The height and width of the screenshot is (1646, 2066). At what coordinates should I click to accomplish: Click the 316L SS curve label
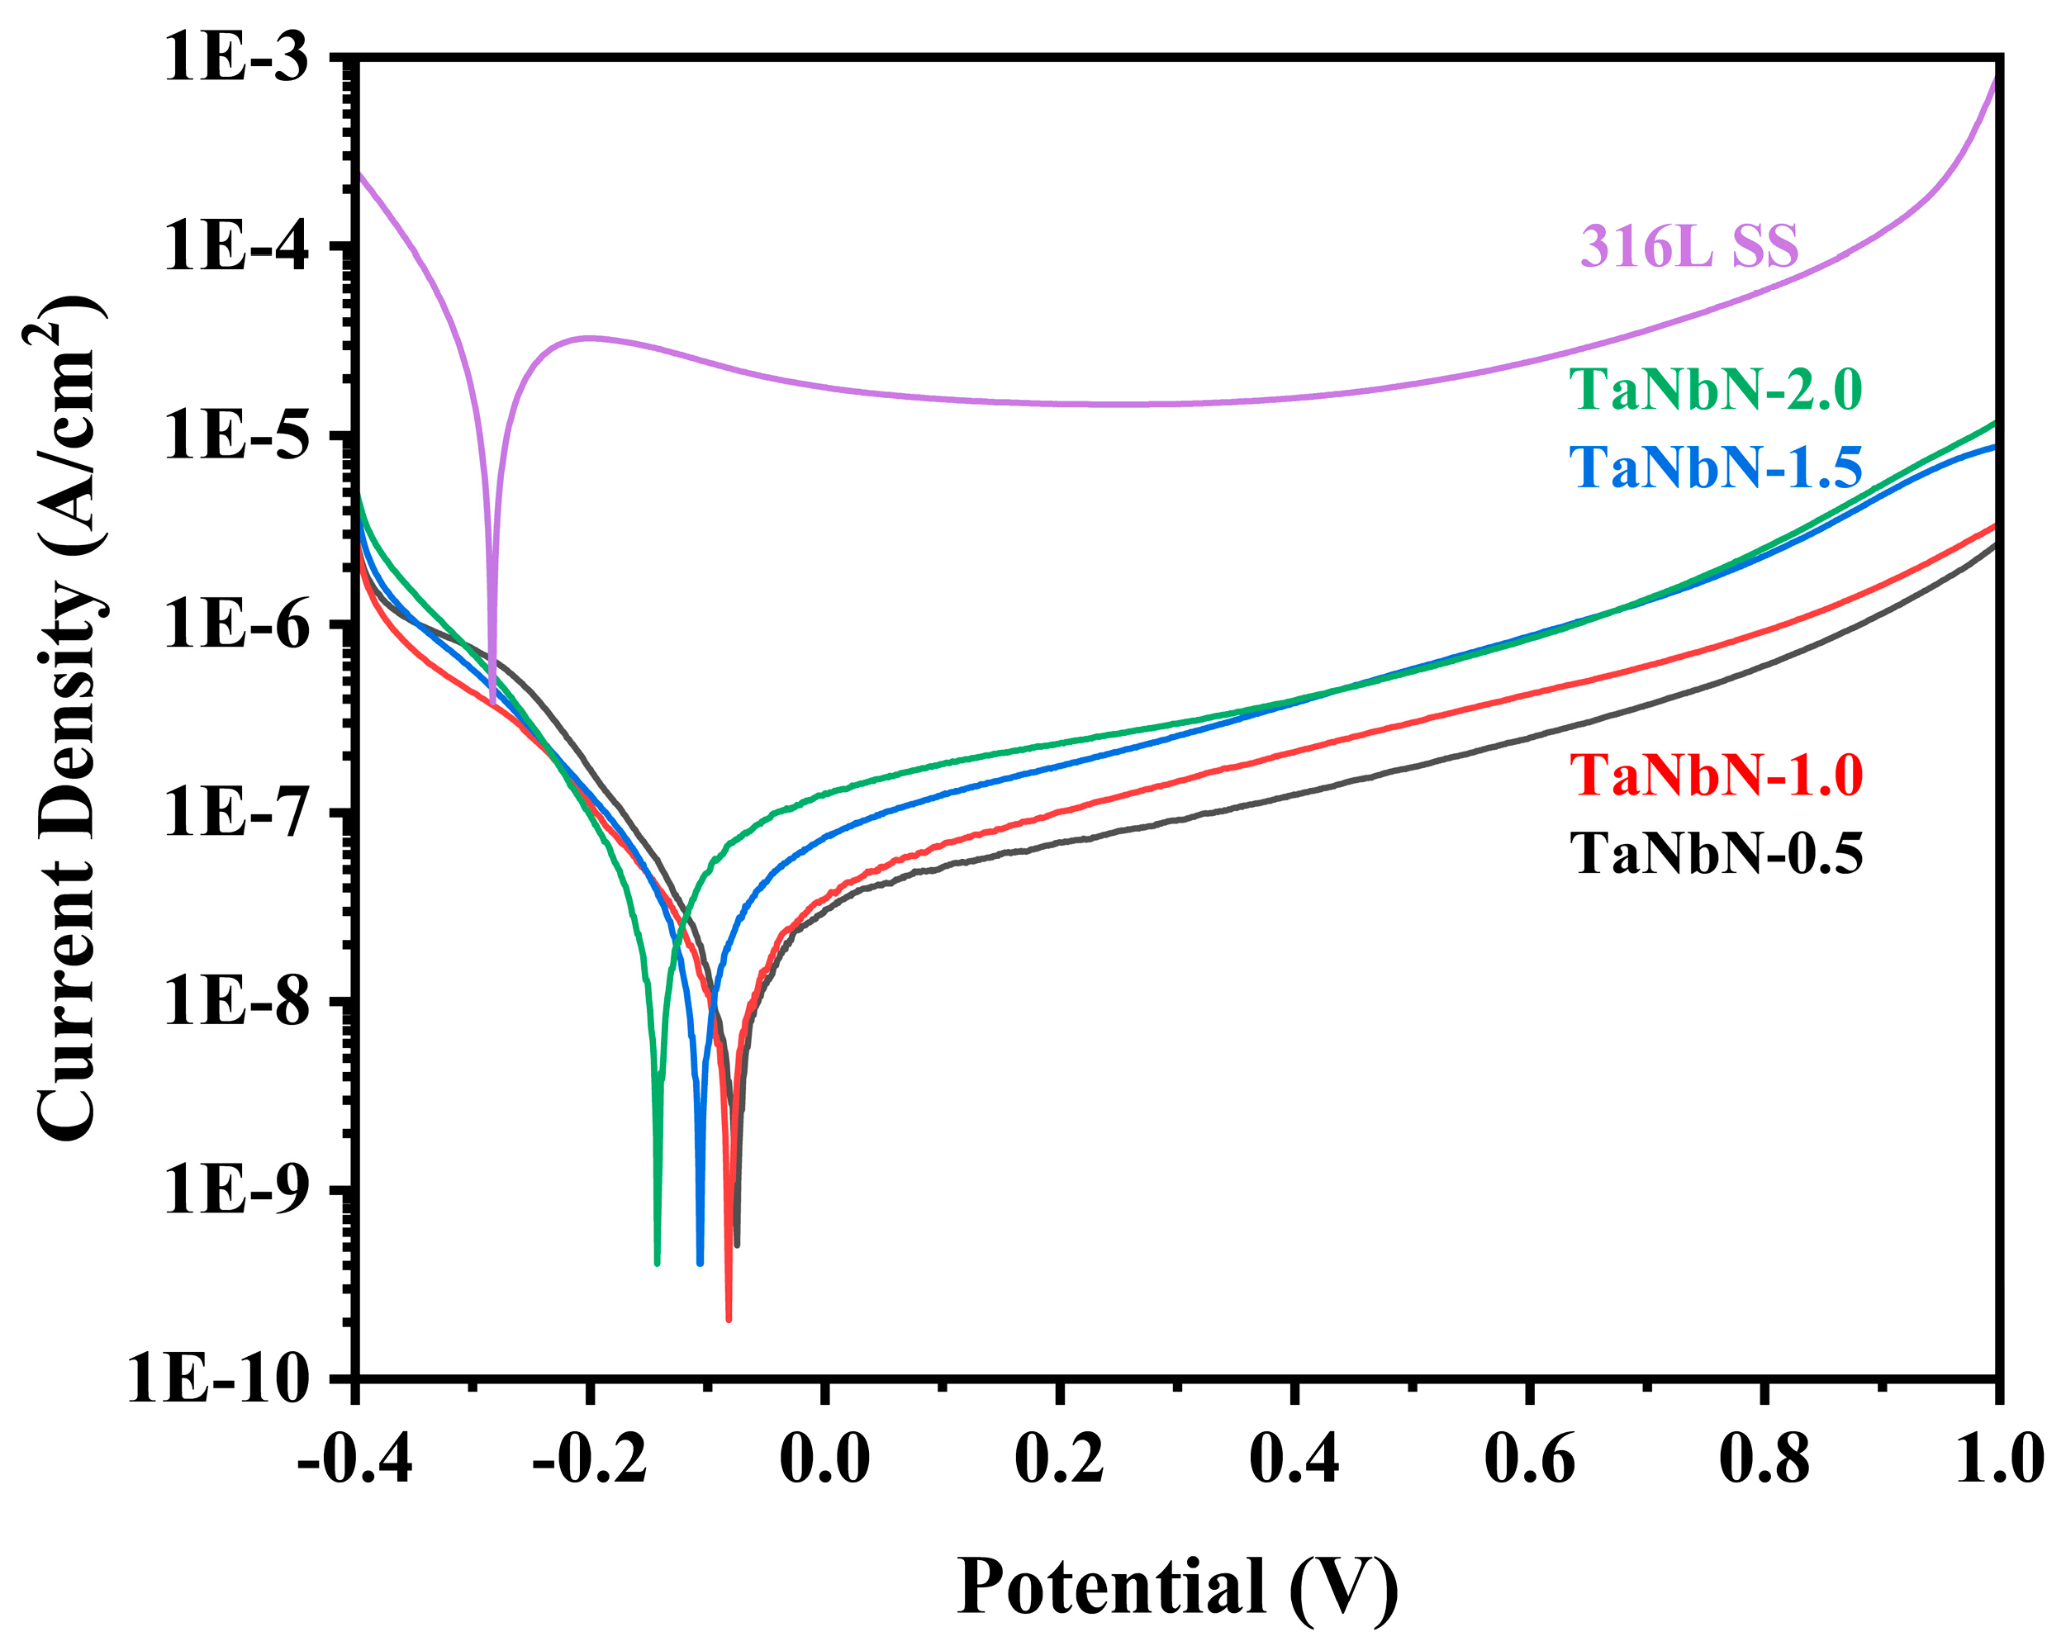pyautogui.click(x=1688, y=246)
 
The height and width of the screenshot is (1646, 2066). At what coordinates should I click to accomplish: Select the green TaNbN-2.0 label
pyautogui.click(x=1715, y=390)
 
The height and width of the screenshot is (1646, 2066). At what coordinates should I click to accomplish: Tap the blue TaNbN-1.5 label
pyautogui.click(x=1715, y=468)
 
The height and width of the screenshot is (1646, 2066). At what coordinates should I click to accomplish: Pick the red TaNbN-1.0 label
pyautogui.click(x=1715, y=775)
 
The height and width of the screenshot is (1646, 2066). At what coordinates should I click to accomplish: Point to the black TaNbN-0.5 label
pyautogui.click(x=1715, y=854)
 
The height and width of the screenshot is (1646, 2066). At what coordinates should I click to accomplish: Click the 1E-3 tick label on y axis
pyautogui.click(x=237, y=58)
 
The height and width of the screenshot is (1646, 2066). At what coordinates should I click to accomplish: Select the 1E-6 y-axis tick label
pyautogui.click(x=237, y=624)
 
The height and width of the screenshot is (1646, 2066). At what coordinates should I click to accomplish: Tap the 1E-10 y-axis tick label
pyautogui.click(x=221, y=1381)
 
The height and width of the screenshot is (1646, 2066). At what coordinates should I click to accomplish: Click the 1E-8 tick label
pyautogui.click(x=237, y=1002)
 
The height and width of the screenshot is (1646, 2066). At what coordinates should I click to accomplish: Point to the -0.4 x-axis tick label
pyautogui.click(x=354, y=1461)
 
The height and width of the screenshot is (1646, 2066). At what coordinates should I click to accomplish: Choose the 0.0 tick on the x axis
pyautogui.click(x=825, y=1461)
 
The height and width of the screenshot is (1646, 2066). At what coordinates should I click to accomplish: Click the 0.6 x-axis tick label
pyautogui.click(x=1529, y=1461)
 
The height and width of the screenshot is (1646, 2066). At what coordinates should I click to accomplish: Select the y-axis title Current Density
pyautogui.click(x=69, y=719)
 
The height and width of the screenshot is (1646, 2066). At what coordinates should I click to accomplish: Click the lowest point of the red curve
pyautogui.click(x=729, y=1319)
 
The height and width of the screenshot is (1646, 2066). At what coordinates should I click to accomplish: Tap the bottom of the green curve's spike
pyautogui.click(x=657, y=1262)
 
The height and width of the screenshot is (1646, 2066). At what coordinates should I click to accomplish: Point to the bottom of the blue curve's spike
pyautogui.click(x=700, y=1262)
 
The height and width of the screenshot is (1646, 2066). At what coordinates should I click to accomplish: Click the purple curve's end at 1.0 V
pyautogui.click(x=1996, y=77)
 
